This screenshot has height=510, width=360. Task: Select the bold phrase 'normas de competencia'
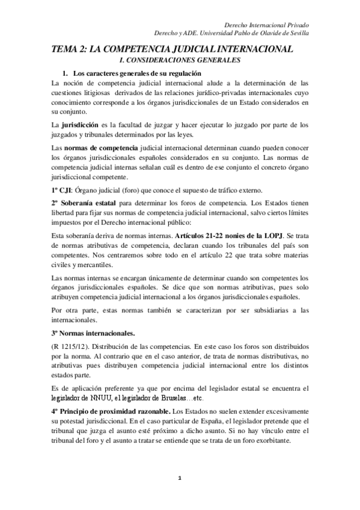tap(101, 147)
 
